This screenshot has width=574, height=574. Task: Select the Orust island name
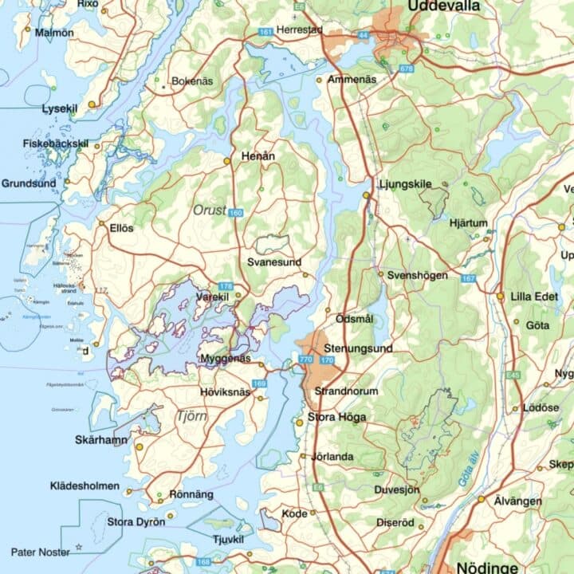click(x=209, y=210)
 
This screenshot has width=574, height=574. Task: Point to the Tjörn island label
click(x=191, y=415)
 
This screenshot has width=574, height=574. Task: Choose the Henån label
click(x=258, y=156)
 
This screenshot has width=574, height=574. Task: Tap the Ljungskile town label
click(x=405, y=184)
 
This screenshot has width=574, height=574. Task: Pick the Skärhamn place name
click(x=101, y=439)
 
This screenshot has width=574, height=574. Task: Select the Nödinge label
click(x=487, y=567)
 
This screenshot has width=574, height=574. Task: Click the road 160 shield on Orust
click(x=235, y=213)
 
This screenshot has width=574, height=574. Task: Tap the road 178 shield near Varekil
click(x=226, y=286)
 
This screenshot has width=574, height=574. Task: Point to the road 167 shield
click(x=468, y=278)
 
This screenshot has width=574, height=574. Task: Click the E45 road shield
click(x=513, y=375)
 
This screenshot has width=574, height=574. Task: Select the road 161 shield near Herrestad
click(x=266, y=32)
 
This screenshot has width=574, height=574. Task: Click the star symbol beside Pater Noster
click(x=79, y=548)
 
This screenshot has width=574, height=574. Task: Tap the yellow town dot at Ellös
click(x=102, y=226)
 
